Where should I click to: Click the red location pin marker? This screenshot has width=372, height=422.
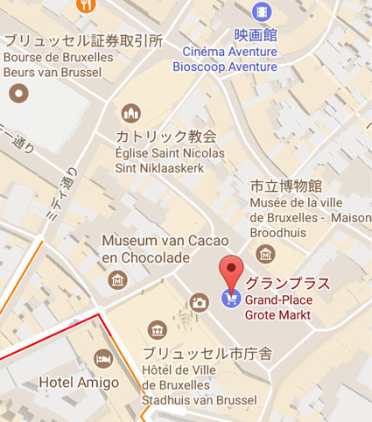click(x=230, y=272)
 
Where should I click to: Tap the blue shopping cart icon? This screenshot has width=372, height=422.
click(x=230, y=299)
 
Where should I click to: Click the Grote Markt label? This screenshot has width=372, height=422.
click(x=278, y=314)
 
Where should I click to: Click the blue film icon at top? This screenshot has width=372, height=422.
click(x=261, y=11)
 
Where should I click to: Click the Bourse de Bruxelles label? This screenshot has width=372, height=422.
click(x=58, y=56)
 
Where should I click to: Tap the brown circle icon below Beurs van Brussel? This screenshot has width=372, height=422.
click(x=18, y=92)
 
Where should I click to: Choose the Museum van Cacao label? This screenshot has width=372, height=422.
click(x=165, y=241)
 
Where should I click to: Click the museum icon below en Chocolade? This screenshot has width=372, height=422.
click(x=117, y=280)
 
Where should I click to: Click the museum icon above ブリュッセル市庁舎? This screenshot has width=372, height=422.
click(x=157, y=329)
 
